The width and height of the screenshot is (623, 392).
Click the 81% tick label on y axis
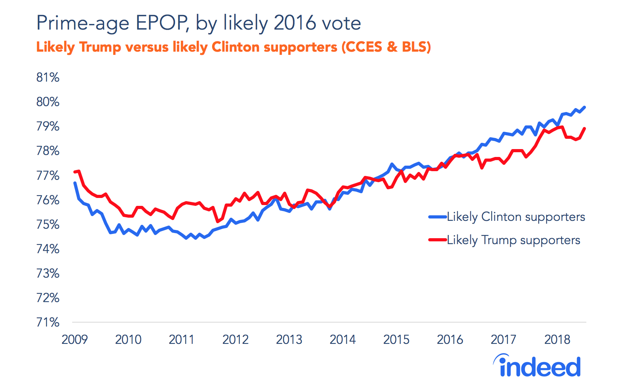coord(48,77)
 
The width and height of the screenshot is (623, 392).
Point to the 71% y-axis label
coord(48,322)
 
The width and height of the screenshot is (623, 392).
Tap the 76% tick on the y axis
coord(48,200)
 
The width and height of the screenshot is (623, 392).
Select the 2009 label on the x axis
coord(75,339)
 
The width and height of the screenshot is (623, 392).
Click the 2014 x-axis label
coord(343,339)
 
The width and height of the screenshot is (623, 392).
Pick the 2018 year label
coord(557,339)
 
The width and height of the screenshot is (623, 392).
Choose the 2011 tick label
coord(182,339)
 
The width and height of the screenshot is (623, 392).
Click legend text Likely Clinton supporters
coord(516,217)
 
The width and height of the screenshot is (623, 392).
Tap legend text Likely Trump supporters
coord(513,240)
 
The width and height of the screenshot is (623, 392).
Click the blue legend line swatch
coord(438,217)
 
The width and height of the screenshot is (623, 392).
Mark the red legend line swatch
coord(438,240)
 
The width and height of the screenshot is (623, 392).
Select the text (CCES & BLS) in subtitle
coord(386,47)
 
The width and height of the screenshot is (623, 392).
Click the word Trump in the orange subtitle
coord(100,47)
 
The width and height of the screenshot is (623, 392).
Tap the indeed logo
coord(537,366)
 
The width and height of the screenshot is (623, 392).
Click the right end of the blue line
coord(584,107)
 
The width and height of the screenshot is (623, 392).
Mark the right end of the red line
coord(584,129)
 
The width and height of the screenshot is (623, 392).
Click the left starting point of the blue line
coord(75,183)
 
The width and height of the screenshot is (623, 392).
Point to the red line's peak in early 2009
coord(79,171)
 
